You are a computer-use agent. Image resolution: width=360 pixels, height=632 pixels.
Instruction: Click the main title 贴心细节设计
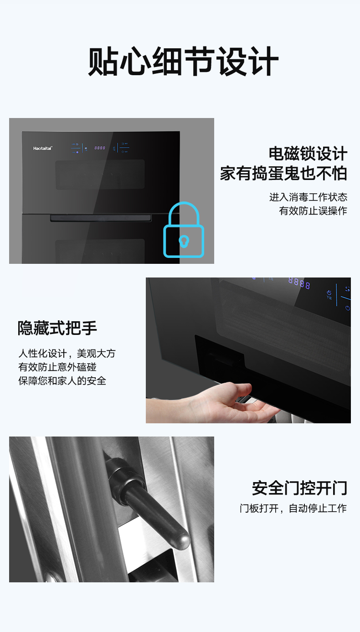(183, 61)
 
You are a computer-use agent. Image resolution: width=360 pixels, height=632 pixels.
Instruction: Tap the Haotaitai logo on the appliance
(42, 148)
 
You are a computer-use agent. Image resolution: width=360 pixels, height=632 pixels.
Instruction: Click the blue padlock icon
(184, 230)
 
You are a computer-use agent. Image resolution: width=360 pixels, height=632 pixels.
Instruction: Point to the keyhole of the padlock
(184, 241)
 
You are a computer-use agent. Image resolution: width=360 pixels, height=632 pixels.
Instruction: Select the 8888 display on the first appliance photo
(100, 148)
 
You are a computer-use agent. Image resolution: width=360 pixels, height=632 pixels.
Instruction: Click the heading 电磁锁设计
(308, 154)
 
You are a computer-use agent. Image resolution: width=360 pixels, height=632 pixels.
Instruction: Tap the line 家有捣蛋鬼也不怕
(283, 173)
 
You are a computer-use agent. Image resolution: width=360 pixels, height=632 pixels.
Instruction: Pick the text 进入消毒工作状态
(308, 197)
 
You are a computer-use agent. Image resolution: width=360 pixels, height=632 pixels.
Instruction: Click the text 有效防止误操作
(313, 211)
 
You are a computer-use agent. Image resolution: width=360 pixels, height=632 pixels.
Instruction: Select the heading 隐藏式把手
(57, 328)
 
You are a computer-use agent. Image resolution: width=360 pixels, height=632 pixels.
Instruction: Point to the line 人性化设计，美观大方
(67, 354)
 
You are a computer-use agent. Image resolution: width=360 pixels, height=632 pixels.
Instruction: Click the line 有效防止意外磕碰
(57, 367)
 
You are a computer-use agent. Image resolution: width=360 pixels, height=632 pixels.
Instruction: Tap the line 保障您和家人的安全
(62, 380)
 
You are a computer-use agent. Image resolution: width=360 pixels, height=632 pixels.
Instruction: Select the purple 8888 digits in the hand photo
(299, 283)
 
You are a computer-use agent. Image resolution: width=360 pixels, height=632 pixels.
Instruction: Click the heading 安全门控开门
(300, 488)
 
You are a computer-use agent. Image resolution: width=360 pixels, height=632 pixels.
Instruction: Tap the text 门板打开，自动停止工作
(293, 508)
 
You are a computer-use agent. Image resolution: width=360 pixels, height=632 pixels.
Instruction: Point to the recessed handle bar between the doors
(101, 218)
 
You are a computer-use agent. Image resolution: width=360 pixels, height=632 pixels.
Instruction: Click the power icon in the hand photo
(348, 308)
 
